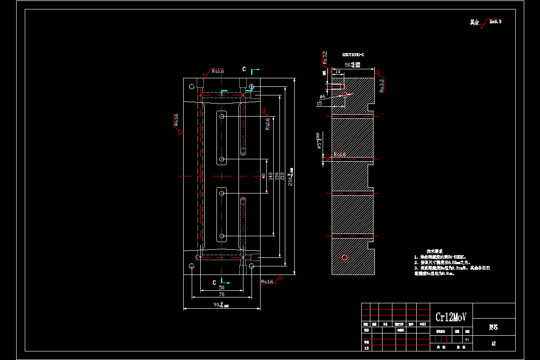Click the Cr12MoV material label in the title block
[x=451, y=317]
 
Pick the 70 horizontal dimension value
[x=221, y=294]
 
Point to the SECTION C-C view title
[x=353, y=54]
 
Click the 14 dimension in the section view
[x=337, y=72]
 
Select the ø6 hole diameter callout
[x=322, y=96]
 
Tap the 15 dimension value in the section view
[x=319, y=103]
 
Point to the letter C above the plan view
[x=244, y=69]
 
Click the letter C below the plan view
[x=214, y=282]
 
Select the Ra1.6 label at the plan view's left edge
[x=176, y=120]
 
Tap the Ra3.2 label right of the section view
[x=381, y=85]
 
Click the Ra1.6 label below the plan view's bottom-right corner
[x=267, y=282]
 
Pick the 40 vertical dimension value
[x=264, y=176]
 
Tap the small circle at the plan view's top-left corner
[x=192, y=86]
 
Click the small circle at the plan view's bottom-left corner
[x=192, y=266]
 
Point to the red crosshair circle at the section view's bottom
[x=345, y=257]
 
